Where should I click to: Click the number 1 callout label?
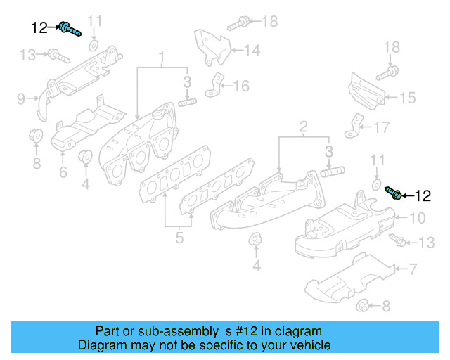coord(161,56)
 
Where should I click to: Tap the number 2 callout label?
coord(303,127)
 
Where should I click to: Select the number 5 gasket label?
coord(179,238)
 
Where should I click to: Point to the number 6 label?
coord(63,172)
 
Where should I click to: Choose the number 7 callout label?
coord(413,268)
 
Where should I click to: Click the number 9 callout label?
coord(21,97)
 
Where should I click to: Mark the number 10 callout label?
coord(418,217)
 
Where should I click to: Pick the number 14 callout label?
coord(252,50)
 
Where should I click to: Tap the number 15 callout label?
coord(408,98)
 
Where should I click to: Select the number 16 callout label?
coord(241,86)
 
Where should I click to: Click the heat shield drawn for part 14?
coord(212,45)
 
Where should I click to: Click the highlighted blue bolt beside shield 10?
coord(393,191)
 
